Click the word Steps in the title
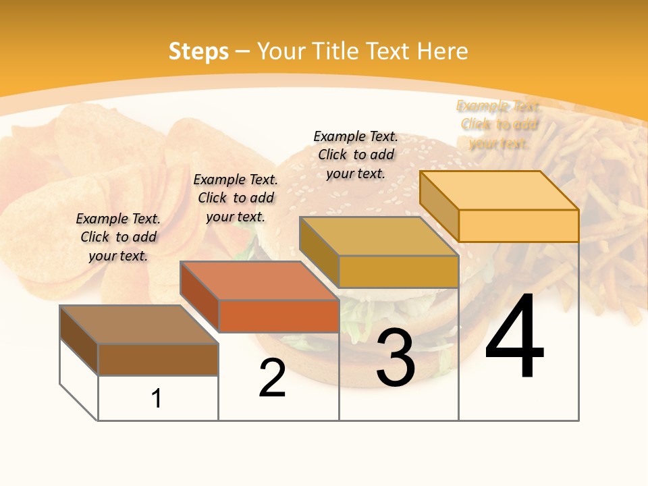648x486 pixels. click(198, 51)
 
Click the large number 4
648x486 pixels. click(514, 337)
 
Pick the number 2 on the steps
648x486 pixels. click(272, 378)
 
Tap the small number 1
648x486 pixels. click(157, 399)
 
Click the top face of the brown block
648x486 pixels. click(139, 325)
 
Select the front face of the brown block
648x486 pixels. click(158, 360)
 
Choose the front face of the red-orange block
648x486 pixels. click(279, 316)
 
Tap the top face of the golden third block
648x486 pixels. click(379, 236)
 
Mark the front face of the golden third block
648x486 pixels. click(398, 272)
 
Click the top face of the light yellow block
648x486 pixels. click(500, 190)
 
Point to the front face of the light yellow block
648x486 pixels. click(518, 225)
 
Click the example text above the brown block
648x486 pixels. click(118, 237)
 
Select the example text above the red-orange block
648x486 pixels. click(236, 198)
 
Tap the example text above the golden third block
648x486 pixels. click(356, 155)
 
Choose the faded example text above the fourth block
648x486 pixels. click(499, 124)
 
